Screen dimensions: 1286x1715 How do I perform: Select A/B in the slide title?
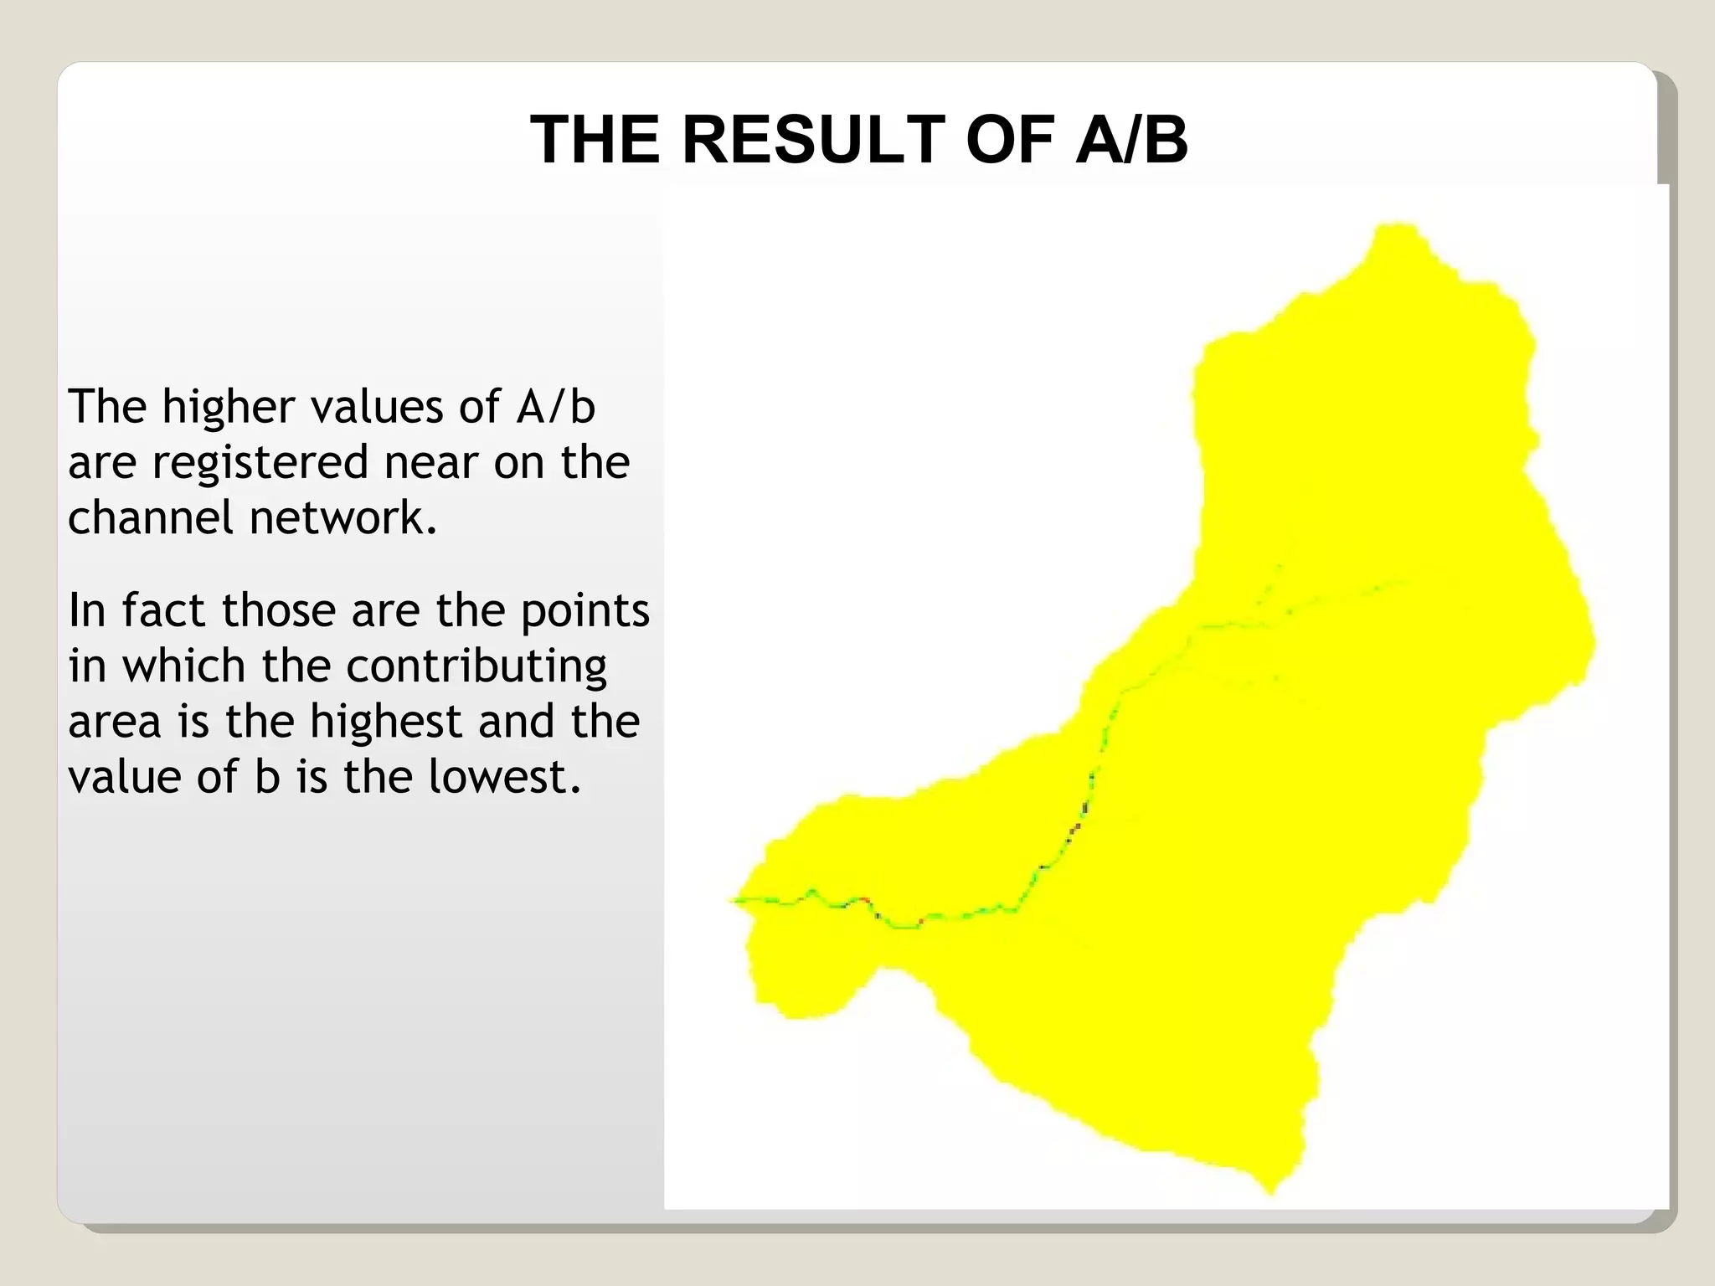[x=1131, y=140]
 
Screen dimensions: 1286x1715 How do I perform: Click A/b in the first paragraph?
[x=556, y=407]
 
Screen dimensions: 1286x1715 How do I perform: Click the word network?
[x=343, y=517]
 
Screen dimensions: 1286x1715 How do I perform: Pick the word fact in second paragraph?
[x=163, y=610]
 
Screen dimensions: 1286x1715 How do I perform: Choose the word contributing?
[x=476, y=667]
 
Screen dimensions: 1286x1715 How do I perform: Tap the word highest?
[x=386, y=722]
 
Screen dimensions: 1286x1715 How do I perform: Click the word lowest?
[x=504, y=777]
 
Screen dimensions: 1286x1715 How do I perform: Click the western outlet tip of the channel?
[x=731, y=900]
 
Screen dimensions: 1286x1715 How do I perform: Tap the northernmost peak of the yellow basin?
[x=1396, y=226]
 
